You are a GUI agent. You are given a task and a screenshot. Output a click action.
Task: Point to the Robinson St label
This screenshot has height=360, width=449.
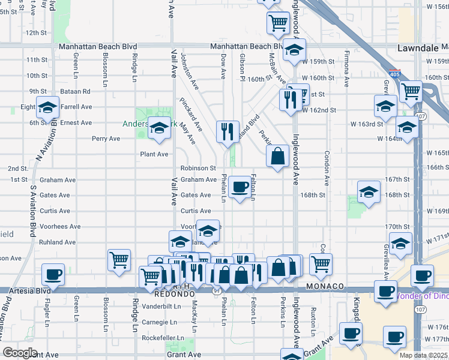click(x=198, y=168)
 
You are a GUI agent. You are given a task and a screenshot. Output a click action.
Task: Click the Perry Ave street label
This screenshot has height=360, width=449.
click(x=106, y=139)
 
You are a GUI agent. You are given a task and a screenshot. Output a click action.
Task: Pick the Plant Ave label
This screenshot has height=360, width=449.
click(x=154, y=154)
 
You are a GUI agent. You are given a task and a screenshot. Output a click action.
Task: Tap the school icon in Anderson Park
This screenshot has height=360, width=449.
click(x=159, y=128)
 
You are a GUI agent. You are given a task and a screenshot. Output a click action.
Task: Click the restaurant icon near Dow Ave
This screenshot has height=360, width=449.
click(x=227, y=131)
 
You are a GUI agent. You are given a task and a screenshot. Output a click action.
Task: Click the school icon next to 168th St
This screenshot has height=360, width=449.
click(x=369, y=192)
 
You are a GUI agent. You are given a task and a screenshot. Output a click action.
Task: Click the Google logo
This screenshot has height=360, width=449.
click(x=20, y=353)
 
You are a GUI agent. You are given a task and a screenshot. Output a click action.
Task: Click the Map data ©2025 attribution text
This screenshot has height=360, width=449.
click(x=423, y=355)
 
